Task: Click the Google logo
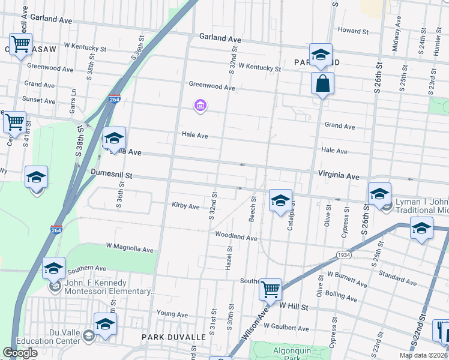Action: point(20,353)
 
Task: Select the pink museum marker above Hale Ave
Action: point(200,107)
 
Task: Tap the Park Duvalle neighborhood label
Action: point(173,337)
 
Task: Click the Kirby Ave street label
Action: point(185,206)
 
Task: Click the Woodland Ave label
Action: point(236,237)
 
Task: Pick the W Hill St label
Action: point(294,307)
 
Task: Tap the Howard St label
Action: point(352,31)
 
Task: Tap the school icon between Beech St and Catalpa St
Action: point(280,200)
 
